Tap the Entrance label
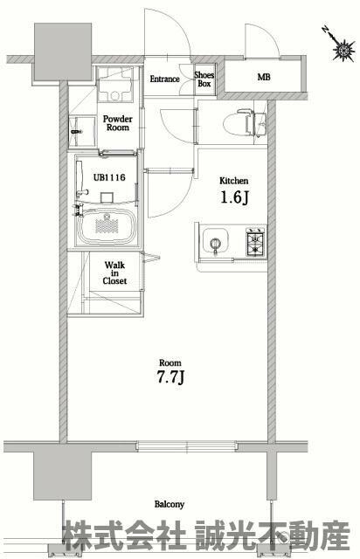click(164, 79)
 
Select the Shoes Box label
click(204, 79)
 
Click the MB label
click(264, 77)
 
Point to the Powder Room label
click(117, 123)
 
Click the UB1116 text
click(109, 177)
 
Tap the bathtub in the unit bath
click(107, 225)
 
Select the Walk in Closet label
click(114, 273)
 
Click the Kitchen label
click(233, 181)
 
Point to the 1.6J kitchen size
click(234, 197)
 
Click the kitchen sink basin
click(216, 241)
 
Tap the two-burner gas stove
click(255, 243)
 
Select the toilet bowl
click(238, 123)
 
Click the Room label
click(170, 363)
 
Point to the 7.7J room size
click(170, 377)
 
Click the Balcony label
click(170, 505)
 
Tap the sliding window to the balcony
click(187, 445)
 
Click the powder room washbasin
click(81, 131)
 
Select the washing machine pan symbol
click(114, 85)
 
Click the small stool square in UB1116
click(107, 198)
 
